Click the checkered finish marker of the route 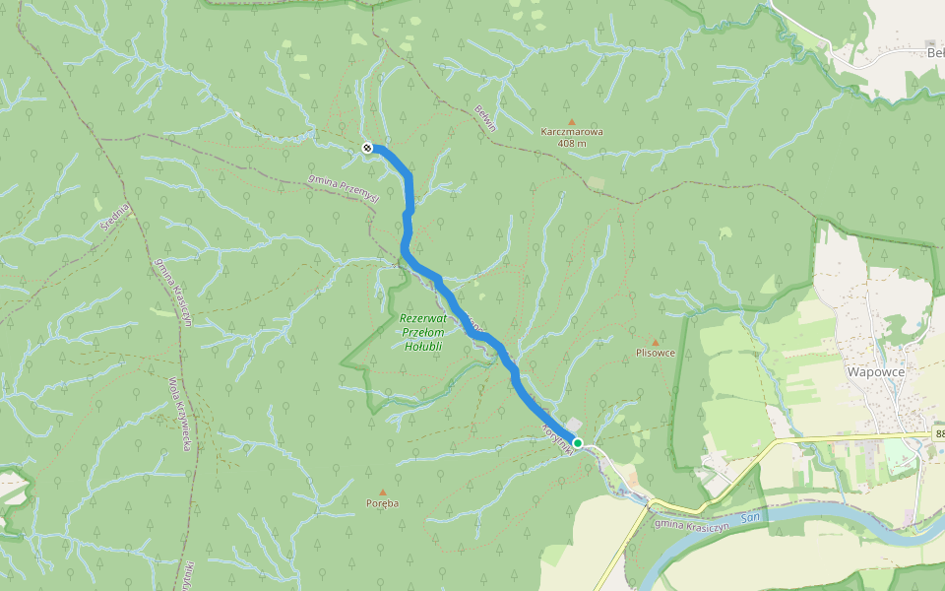(366, 148)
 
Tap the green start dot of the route (579, 443)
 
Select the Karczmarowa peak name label (571, 131)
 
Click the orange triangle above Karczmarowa (571, 120)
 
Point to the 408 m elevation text (571, 144)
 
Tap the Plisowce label (656, 353)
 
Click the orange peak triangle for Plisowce (656, 342)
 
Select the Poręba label (383, 503)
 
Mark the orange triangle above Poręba (383, 492)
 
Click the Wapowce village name (875, 372)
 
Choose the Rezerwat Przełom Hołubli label (421, 332)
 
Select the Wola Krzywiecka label (180, 413)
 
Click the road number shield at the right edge (937, 433)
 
